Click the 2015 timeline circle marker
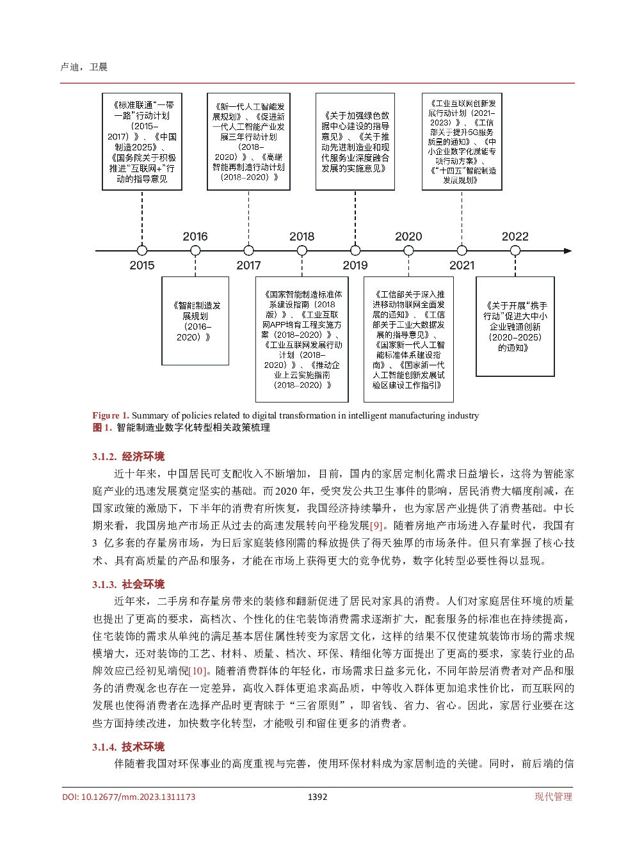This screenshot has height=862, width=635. [142, 251]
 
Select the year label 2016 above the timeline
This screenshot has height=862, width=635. [195, 236]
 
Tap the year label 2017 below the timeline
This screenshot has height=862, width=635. [248, 265]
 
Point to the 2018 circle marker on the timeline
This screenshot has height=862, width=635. [302, 251]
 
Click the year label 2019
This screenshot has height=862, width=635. [355, 265]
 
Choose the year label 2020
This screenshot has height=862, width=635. [408, 236]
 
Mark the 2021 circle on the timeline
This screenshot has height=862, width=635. [462, 251]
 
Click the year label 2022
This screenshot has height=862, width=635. [515, 236]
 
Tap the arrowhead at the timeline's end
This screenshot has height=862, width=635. [568, 251]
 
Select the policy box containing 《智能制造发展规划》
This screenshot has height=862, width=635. [195, 321]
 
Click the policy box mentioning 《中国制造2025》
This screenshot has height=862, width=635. [142, 141]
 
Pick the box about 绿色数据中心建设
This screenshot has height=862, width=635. [355, 141]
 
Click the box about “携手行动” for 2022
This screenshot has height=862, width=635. [515, 326]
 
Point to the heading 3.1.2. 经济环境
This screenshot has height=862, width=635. [128, 456]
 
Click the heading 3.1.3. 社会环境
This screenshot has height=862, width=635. [128, 584]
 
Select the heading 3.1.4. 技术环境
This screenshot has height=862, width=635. [128, 747]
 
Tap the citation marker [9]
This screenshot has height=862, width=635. [376, 525]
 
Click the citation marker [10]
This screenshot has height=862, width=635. [198, 671]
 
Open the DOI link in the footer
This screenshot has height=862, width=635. [129, 797]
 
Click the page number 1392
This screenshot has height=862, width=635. [317, 797]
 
